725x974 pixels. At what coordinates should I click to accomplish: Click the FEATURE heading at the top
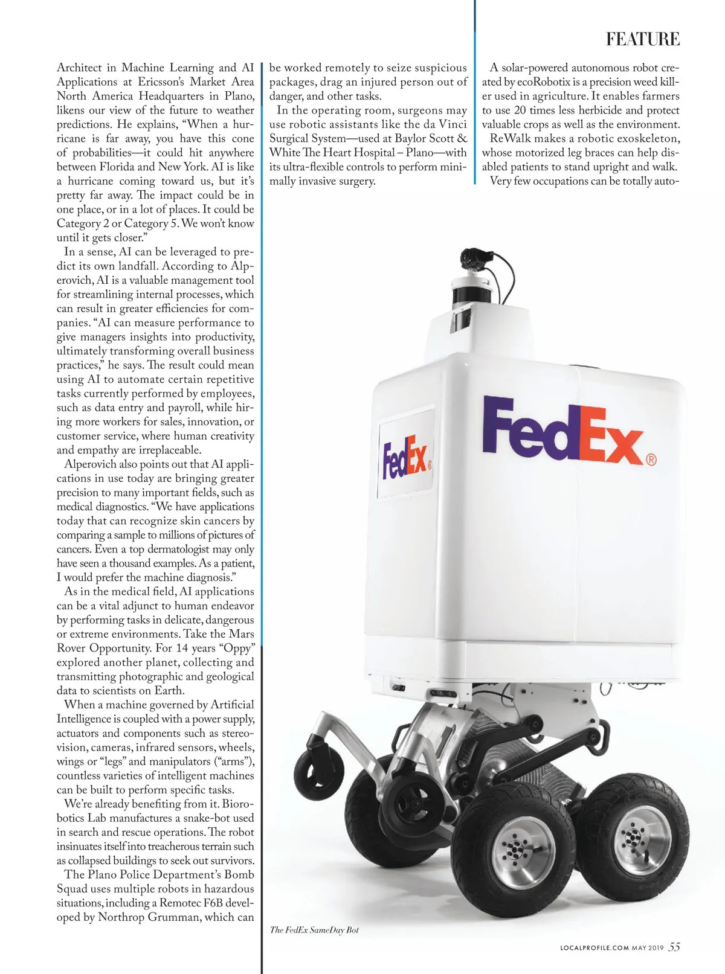(x=643, y=40)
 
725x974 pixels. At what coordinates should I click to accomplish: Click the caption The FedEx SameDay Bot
(x=314, y=930)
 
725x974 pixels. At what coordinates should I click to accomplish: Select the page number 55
(x=674, y=947)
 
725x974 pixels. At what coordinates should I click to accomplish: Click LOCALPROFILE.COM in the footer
(x=594, y=948)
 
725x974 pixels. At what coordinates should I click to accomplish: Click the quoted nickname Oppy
(x=237, y=649)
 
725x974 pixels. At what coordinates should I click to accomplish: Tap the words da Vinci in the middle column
(x=445, y=124)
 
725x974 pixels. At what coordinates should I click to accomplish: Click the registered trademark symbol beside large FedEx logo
(x=651, y=460)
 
